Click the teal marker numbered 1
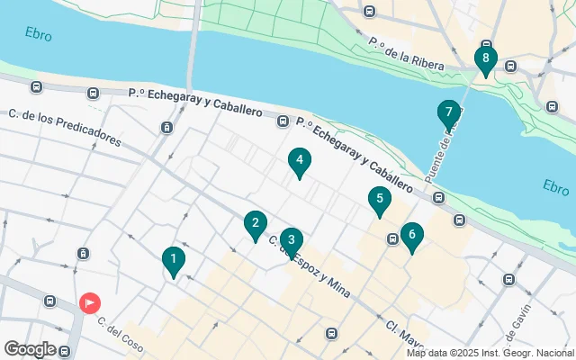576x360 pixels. coord(173,260)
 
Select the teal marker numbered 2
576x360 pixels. coord(256,224)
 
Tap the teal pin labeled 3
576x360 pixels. coord(290,240)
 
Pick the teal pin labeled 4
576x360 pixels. coord(300,161)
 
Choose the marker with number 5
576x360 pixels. coord(380,200)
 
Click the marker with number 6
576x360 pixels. coord(411,236)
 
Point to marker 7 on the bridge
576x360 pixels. coord(448,113)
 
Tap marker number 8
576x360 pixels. coord(486,60)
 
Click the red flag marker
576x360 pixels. coord(90,303)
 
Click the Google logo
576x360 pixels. coord(30,348)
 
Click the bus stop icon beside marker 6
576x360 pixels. coord(392,238)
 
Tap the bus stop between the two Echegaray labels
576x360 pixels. coord(283,121)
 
